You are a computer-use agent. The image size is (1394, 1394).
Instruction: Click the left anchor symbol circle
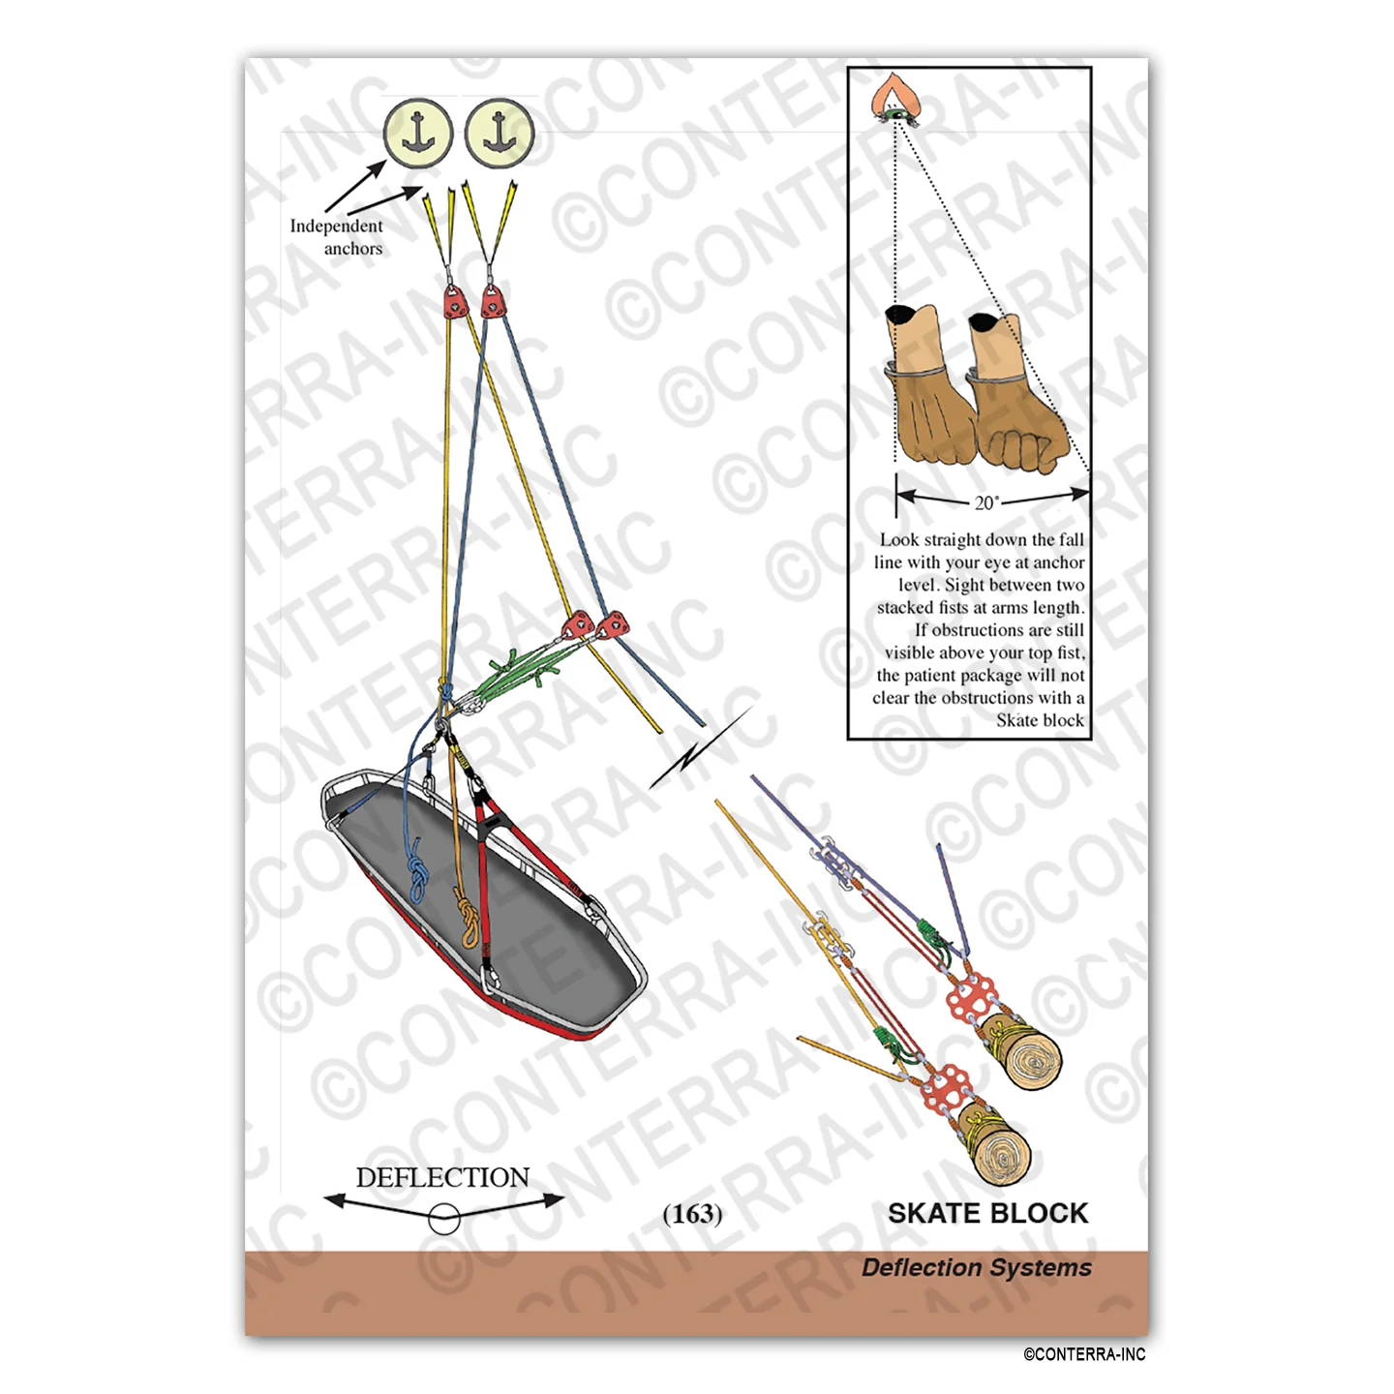pos(418,134)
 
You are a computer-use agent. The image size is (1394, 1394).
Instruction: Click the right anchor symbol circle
pos(500,134)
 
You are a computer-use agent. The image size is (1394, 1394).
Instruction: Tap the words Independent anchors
pos(337,236)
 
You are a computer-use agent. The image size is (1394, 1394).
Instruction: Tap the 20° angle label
pos(986,502)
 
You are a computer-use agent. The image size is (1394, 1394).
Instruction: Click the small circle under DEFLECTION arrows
pos(443,1220)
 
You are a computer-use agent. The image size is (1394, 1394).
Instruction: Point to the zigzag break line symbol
pos(700,749)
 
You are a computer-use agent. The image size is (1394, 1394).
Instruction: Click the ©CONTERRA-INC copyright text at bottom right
pos(1083,1354)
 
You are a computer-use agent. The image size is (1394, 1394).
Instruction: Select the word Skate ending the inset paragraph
pos(1015,720)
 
